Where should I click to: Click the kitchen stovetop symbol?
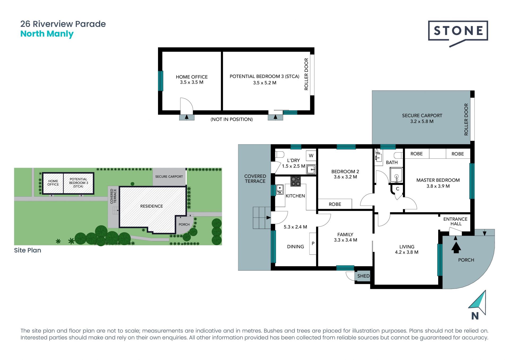296,181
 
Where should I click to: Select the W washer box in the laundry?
311,156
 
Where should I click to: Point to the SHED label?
363,276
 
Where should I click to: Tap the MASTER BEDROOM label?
438,180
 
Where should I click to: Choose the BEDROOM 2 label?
345,172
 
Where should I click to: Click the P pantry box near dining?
313,244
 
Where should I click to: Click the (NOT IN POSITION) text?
232,119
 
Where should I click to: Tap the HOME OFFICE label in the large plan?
192,77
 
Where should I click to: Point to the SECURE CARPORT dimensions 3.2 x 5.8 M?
422,122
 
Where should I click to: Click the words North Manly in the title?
47,34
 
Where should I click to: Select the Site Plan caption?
28,250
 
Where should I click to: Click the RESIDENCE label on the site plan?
152,206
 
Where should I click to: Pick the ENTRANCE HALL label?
455,221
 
